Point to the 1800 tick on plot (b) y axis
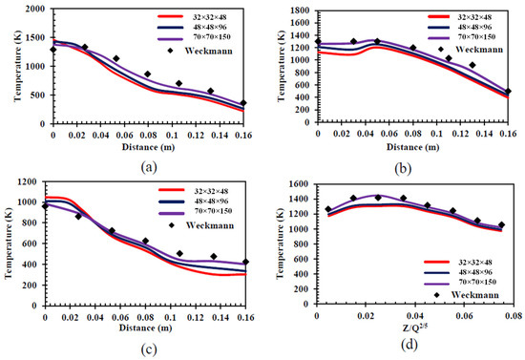click(x=300, y=10)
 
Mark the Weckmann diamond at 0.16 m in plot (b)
click(x=509, y=92)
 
